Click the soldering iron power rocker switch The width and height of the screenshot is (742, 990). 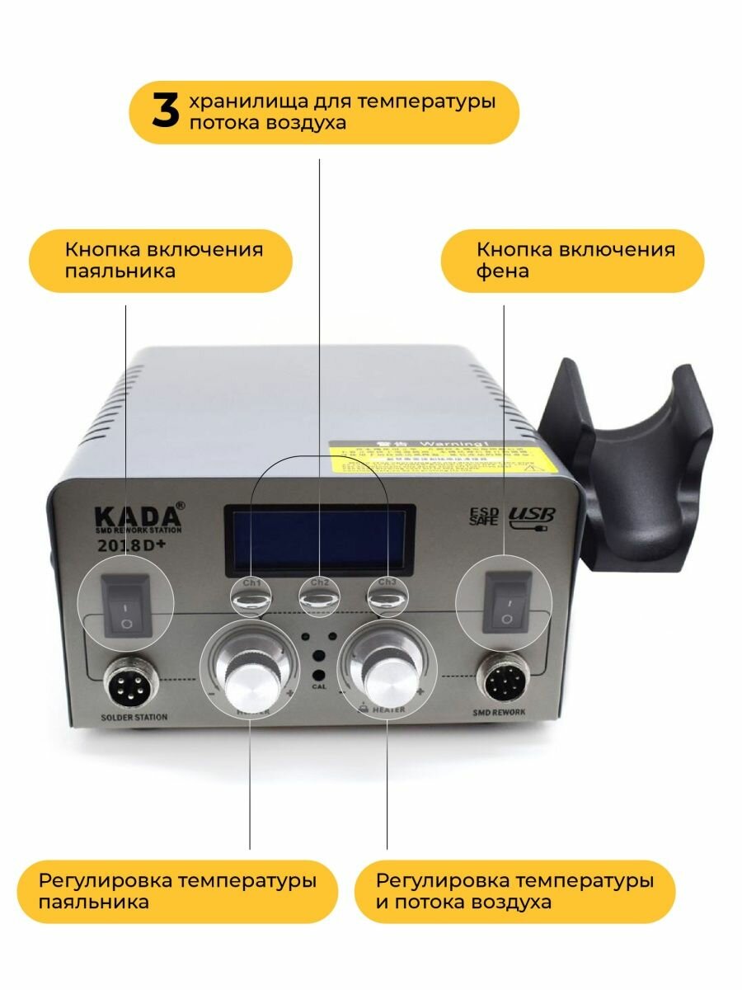click(x=126, y=606)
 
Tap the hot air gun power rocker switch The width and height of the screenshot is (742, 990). click(x=505, y=606)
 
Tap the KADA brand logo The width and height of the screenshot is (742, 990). click(x=139, y=516)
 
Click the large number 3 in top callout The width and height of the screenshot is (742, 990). click(x=165, y=113)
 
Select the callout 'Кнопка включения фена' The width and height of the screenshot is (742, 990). click(x=572, y=260)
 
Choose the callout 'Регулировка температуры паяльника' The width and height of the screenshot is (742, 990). click(x=176, y=891)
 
